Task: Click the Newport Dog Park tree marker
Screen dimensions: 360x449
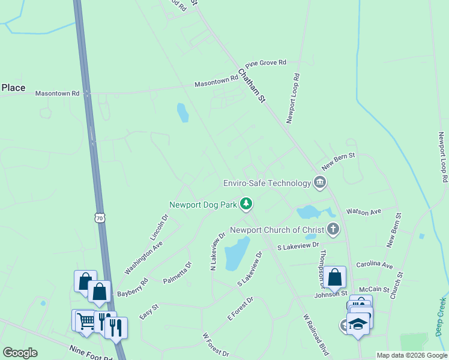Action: click(x=246, y=205)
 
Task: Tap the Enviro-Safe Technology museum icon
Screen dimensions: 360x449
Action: click(x=319, y=182)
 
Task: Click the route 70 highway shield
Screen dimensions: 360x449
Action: click(x=100, y=219)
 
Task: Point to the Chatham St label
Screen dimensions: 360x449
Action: click(x=252, y=85)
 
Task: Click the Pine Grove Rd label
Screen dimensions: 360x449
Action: click(x=266, y=62)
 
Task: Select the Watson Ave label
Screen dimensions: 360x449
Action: click(x=364, y=212)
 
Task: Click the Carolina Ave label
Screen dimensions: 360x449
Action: click(x=374, y=265)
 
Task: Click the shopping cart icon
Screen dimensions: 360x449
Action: click(x=85, y=321)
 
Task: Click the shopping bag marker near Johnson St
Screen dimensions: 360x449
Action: click(x=336, y=277)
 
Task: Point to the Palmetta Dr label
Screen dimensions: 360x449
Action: click(x=177, y=272)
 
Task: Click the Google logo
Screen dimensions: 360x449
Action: click(x=20, y=353)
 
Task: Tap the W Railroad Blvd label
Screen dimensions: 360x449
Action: click(x=316, y=334)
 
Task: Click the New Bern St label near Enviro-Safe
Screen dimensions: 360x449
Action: click(x=339, y=161)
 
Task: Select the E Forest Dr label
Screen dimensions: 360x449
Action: click(x=241, y=308)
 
